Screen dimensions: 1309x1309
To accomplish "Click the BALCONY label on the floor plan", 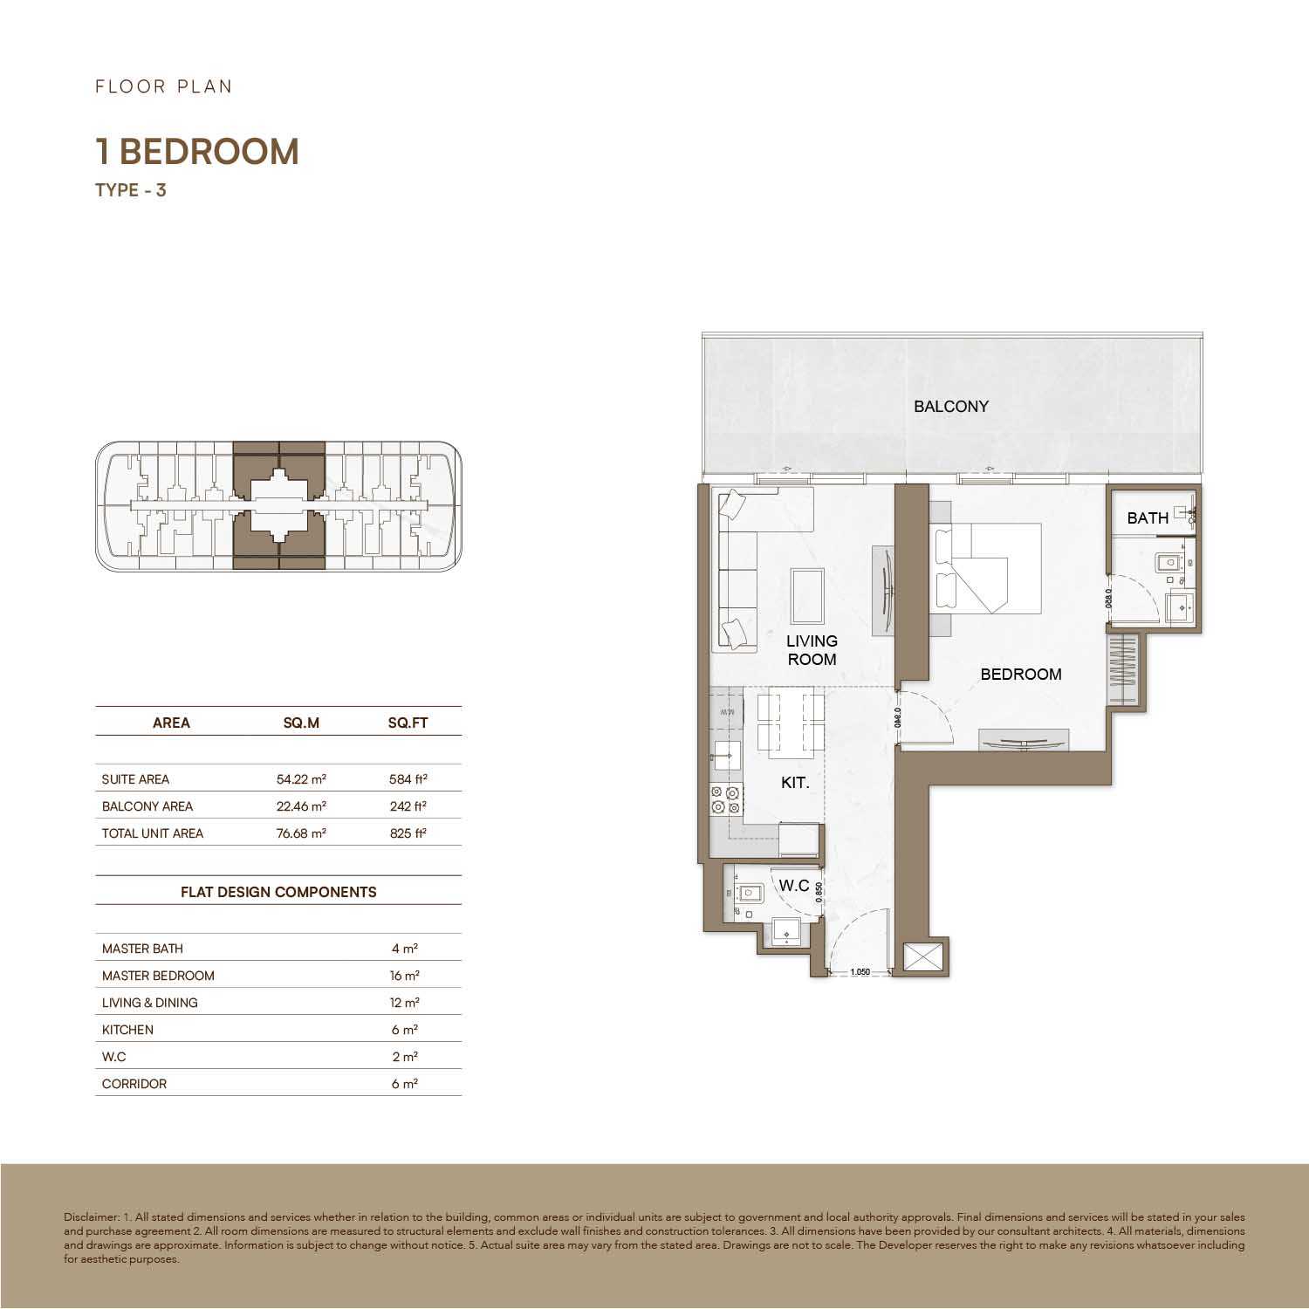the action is [951, 406].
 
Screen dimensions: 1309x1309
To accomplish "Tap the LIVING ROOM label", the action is [812, 650].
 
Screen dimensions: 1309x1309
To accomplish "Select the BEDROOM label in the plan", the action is [1021, 674].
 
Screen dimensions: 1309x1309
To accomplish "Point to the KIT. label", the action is [795, 783].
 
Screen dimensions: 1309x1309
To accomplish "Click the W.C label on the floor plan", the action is [794, 886].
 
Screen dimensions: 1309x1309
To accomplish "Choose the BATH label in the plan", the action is [1148, 518].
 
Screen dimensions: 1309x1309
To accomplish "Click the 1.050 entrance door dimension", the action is [860, 971].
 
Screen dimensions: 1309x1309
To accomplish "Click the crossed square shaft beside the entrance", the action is [925, 957].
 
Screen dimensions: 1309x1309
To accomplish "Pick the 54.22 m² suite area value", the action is [301, 779].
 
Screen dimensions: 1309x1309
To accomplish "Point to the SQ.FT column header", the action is [408, 723].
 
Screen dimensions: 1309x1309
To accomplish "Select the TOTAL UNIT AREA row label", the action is [153, 833].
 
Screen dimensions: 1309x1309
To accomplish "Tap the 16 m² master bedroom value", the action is [405, 976].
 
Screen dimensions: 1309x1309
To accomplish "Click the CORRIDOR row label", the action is [134, 1084].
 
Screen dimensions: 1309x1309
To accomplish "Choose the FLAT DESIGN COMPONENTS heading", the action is [278, 892].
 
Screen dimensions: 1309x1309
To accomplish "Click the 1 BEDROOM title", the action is [197, 152].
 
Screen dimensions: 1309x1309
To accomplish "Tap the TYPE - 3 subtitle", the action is [131, 189].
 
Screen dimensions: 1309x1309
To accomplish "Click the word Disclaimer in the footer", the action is [91, 1217].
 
